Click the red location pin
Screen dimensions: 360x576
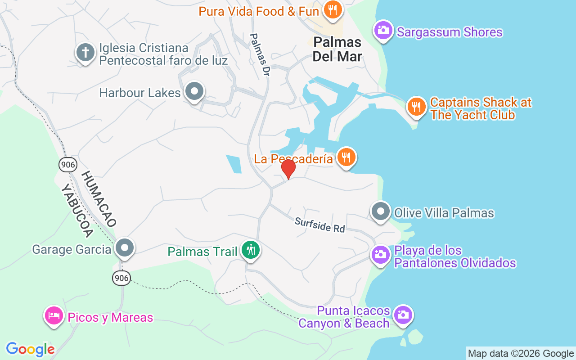tap(288, 169)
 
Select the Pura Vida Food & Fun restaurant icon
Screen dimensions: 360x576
tap(333, 9)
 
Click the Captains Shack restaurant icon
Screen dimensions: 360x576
tap(417, 107)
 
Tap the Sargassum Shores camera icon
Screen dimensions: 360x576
tap(383, 30)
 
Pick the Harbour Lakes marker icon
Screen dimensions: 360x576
tap(194, 91)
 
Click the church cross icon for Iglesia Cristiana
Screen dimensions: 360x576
tap(85, 53)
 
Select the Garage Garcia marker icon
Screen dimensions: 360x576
tap(125, 247)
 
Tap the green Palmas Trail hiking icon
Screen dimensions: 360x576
tap(250, 250)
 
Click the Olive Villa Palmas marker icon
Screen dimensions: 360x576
tap(381, 211)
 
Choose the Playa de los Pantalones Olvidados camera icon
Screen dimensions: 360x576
tap(381, 255)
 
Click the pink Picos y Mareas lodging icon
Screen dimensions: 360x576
tap(53, 315)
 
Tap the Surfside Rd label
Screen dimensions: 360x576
tap(319, 225)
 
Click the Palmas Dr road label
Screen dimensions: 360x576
tap(261, 55)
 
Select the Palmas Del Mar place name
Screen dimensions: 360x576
tap(337, 49)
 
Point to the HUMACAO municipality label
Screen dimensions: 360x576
tap(99, 198)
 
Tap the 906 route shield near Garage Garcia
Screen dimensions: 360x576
tap(121, 279)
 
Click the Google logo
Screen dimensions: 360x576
tap(30, 349)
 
